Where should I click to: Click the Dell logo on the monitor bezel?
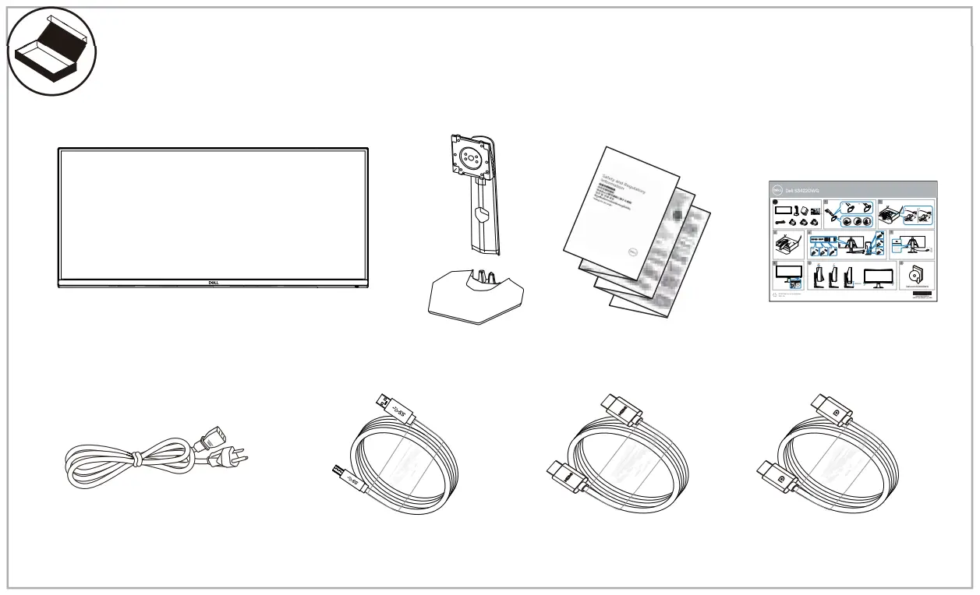[x=212, y=283]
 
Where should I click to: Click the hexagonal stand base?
[x=476, y=300]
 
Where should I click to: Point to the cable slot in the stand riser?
[x=480, y=213]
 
